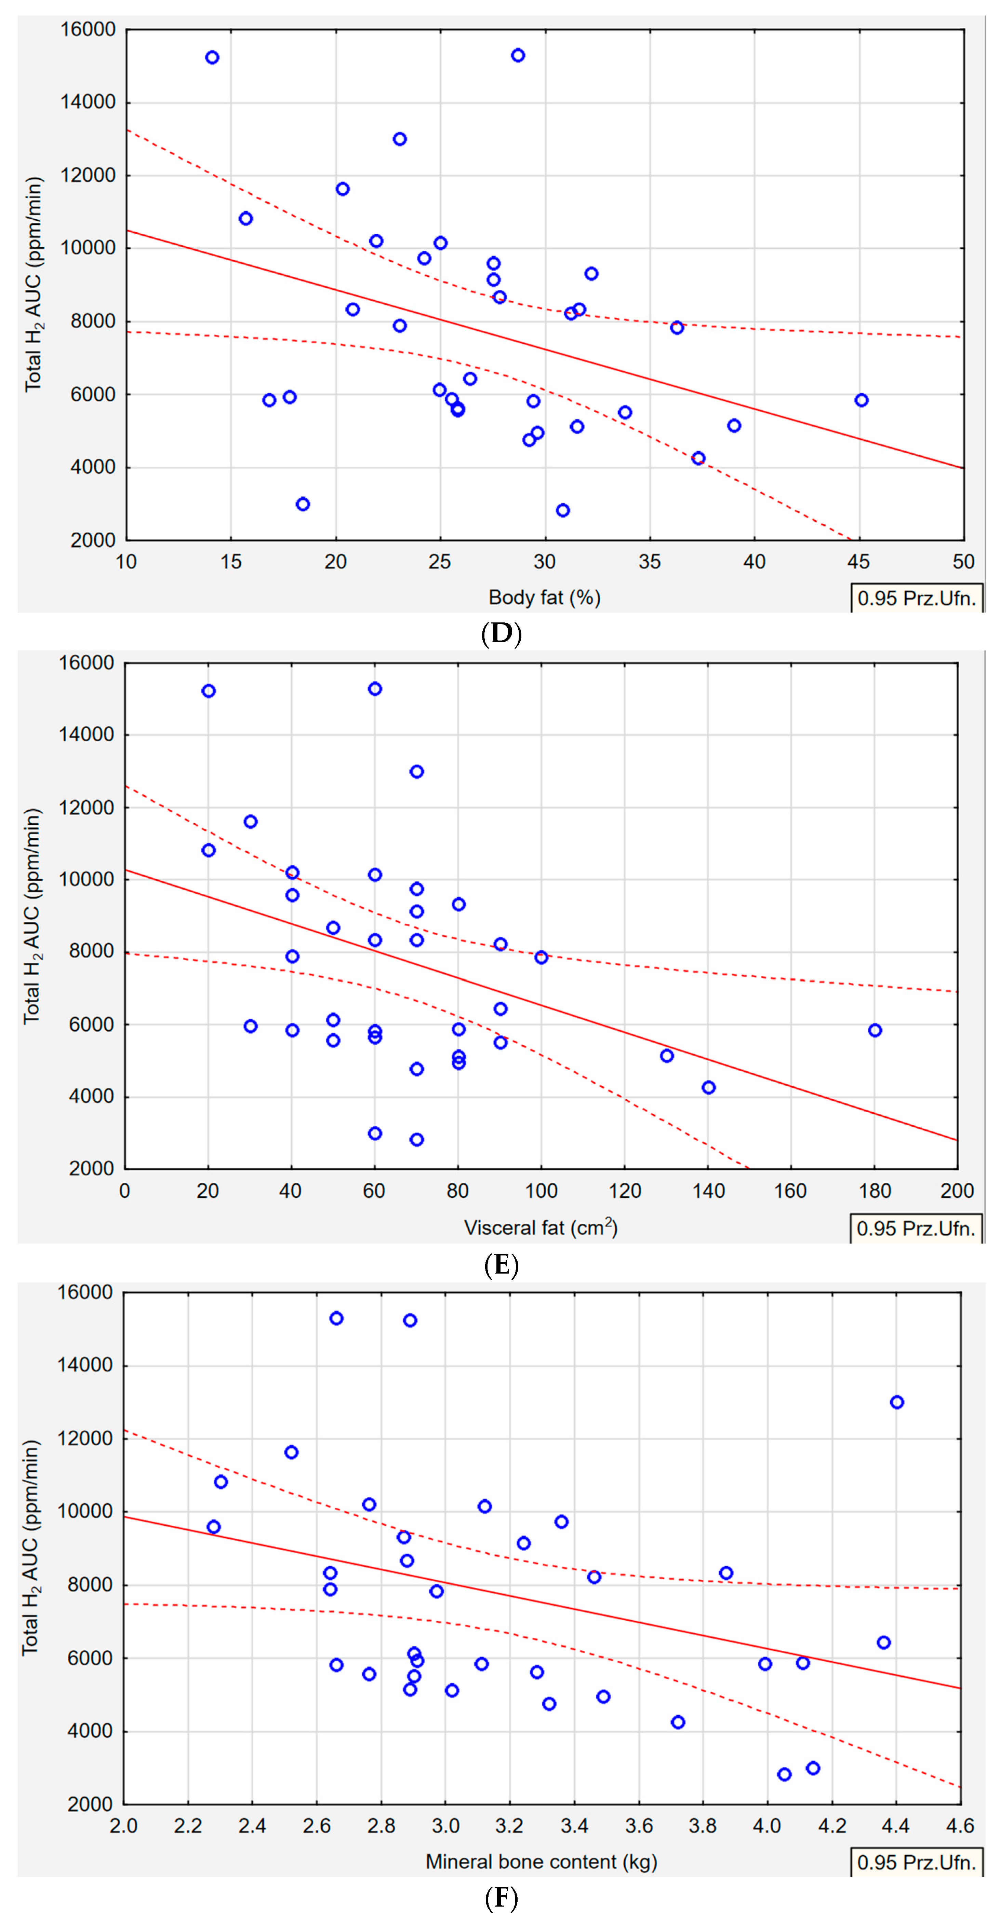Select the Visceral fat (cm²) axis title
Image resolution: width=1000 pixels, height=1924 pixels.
[541, 1228]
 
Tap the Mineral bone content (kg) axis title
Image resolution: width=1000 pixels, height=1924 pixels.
[541, 1861]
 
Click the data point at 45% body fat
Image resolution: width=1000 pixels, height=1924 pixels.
[861, 400]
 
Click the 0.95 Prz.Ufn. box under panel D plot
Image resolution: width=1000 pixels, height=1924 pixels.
[916, 598]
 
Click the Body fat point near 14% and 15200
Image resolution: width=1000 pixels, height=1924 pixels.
[212, 57]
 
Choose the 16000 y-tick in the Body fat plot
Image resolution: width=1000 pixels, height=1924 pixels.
[88, 30]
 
